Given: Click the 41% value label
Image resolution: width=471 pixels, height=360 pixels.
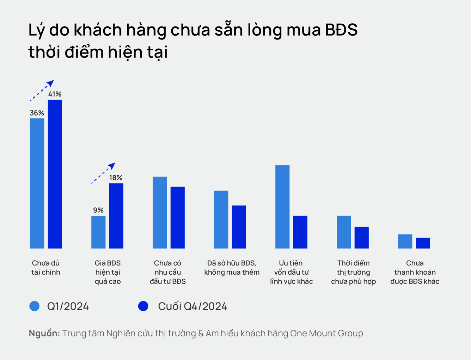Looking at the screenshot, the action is click(55, 94).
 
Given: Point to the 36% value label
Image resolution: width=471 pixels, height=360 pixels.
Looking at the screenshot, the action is click(37, 113).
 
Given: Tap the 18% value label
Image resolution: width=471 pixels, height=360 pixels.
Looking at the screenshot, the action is click(116, 178).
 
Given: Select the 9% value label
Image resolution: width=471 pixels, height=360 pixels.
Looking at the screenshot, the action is click(98, 210).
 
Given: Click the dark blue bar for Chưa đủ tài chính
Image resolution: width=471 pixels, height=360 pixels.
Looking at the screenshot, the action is click(55, 174).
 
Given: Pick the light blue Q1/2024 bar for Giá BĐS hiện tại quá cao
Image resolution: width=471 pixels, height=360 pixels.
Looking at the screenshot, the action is click(98, 232).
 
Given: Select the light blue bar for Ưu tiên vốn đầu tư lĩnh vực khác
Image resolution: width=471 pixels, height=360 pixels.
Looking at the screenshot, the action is click(282, 207).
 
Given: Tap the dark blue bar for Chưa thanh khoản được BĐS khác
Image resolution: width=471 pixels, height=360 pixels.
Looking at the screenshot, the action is click(423, 243).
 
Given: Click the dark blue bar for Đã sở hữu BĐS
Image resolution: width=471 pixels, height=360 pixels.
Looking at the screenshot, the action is click(239, 227).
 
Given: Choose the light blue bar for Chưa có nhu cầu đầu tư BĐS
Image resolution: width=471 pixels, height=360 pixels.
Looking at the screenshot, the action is click(160, 213).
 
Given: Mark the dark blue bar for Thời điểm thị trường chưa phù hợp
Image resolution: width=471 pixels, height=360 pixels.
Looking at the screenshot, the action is click(362, 238).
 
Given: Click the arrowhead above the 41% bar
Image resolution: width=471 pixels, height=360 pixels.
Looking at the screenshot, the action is click(51, 83).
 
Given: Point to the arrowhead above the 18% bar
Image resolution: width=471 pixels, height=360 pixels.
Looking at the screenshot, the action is click(112, 166).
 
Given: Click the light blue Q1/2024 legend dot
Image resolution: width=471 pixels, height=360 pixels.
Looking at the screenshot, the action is click(34, 306).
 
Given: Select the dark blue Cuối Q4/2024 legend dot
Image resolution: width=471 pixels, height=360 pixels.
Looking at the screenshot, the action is click(143, 306).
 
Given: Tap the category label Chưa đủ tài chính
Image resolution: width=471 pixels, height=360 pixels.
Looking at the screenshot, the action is click(46, 268).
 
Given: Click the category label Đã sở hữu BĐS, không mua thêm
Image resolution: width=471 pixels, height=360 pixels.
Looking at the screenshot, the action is click(232, 268).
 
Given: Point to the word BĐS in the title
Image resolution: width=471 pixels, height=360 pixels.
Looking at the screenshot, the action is click(341, 30).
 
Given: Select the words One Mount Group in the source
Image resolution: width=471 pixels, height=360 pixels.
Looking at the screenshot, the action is click(326, 334).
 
